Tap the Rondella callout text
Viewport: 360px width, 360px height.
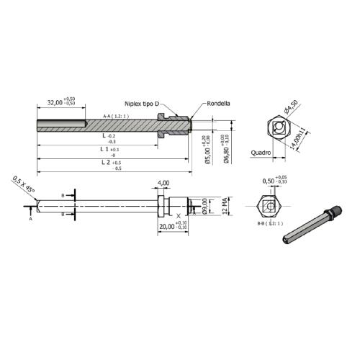(x=218, y=103)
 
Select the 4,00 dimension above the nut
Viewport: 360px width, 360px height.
(x=163, y=184)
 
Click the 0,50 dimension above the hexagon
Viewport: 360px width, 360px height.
(x=272, y=181)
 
